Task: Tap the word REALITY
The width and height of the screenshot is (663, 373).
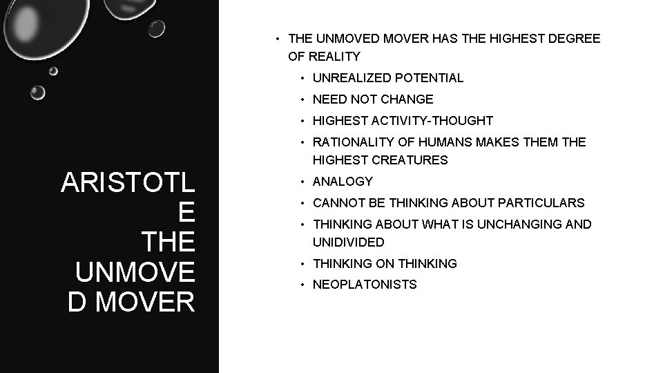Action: pos(334,57)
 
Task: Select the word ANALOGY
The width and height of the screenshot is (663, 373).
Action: pos(343,182)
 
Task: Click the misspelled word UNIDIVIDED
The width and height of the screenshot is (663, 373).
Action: pos(349,242)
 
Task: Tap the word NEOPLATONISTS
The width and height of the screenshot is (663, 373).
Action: pos(365,285)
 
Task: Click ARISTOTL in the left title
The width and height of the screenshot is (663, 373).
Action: pos(128,183)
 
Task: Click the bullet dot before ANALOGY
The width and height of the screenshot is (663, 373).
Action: pos(302,182)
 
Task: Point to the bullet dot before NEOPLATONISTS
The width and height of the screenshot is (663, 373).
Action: pos(302,285)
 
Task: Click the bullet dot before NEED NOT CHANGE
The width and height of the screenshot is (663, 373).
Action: pos(302,99)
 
